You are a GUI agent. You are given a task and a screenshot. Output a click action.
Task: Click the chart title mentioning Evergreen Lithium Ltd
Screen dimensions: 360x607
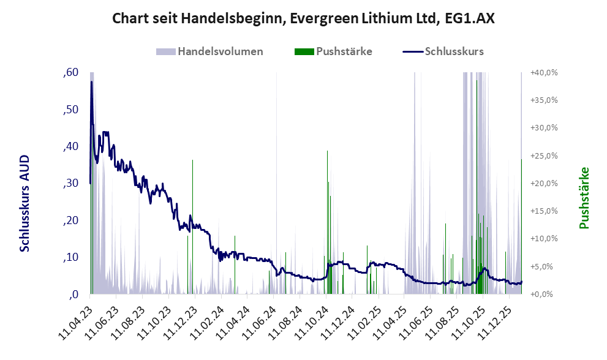(303, 19)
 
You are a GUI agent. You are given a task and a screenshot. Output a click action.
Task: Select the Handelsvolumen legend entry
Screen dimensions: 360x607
(221, 51)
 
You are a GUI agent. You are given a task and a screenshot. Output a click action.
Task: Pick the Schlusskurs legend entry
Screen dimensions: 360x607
(454, 51)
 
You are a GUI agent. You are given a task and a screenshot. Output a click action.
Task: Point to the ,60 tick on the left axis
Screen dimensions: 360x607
(70, 73)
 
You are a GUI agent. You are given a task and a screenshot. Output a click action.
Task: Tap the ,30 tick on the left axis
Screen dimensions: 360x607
(70, 183)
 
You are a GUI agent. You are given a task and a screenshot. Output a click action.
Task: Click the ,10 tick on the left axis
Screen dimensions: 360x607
(70, 257)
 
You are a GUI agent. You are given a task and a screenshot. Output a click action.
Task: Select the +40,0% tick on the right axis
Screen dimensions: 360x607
(543, 73)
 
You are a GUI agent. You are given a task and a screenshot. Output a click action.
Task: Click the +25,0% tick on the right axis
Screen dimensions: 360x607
(543, 156)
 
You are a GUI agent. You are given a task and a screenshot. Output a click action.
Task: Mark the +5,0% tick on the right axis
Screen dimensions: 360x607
(543, 266)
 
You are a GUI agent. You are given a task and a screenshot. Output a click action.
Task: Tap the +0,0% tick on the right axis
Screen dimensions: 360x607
(543, 294)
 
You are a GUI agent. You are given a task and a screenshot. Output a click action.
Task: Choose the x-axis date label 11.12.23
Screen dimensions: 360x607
(180, 319)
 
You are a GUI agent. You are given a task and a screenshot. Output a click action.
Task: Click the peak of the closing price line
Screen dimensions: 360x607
(91, 81)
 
